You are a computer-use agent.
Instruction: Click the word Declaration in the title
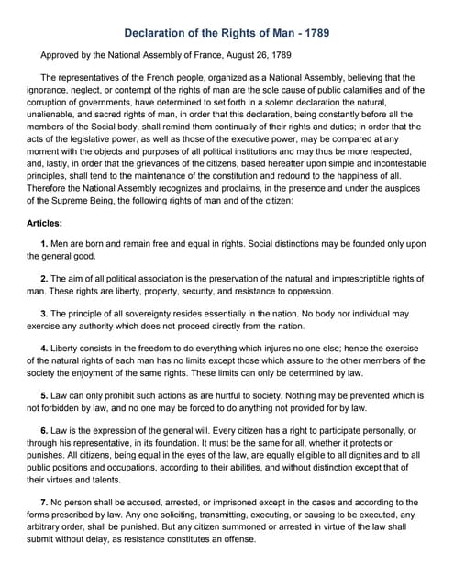point(158,30)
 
